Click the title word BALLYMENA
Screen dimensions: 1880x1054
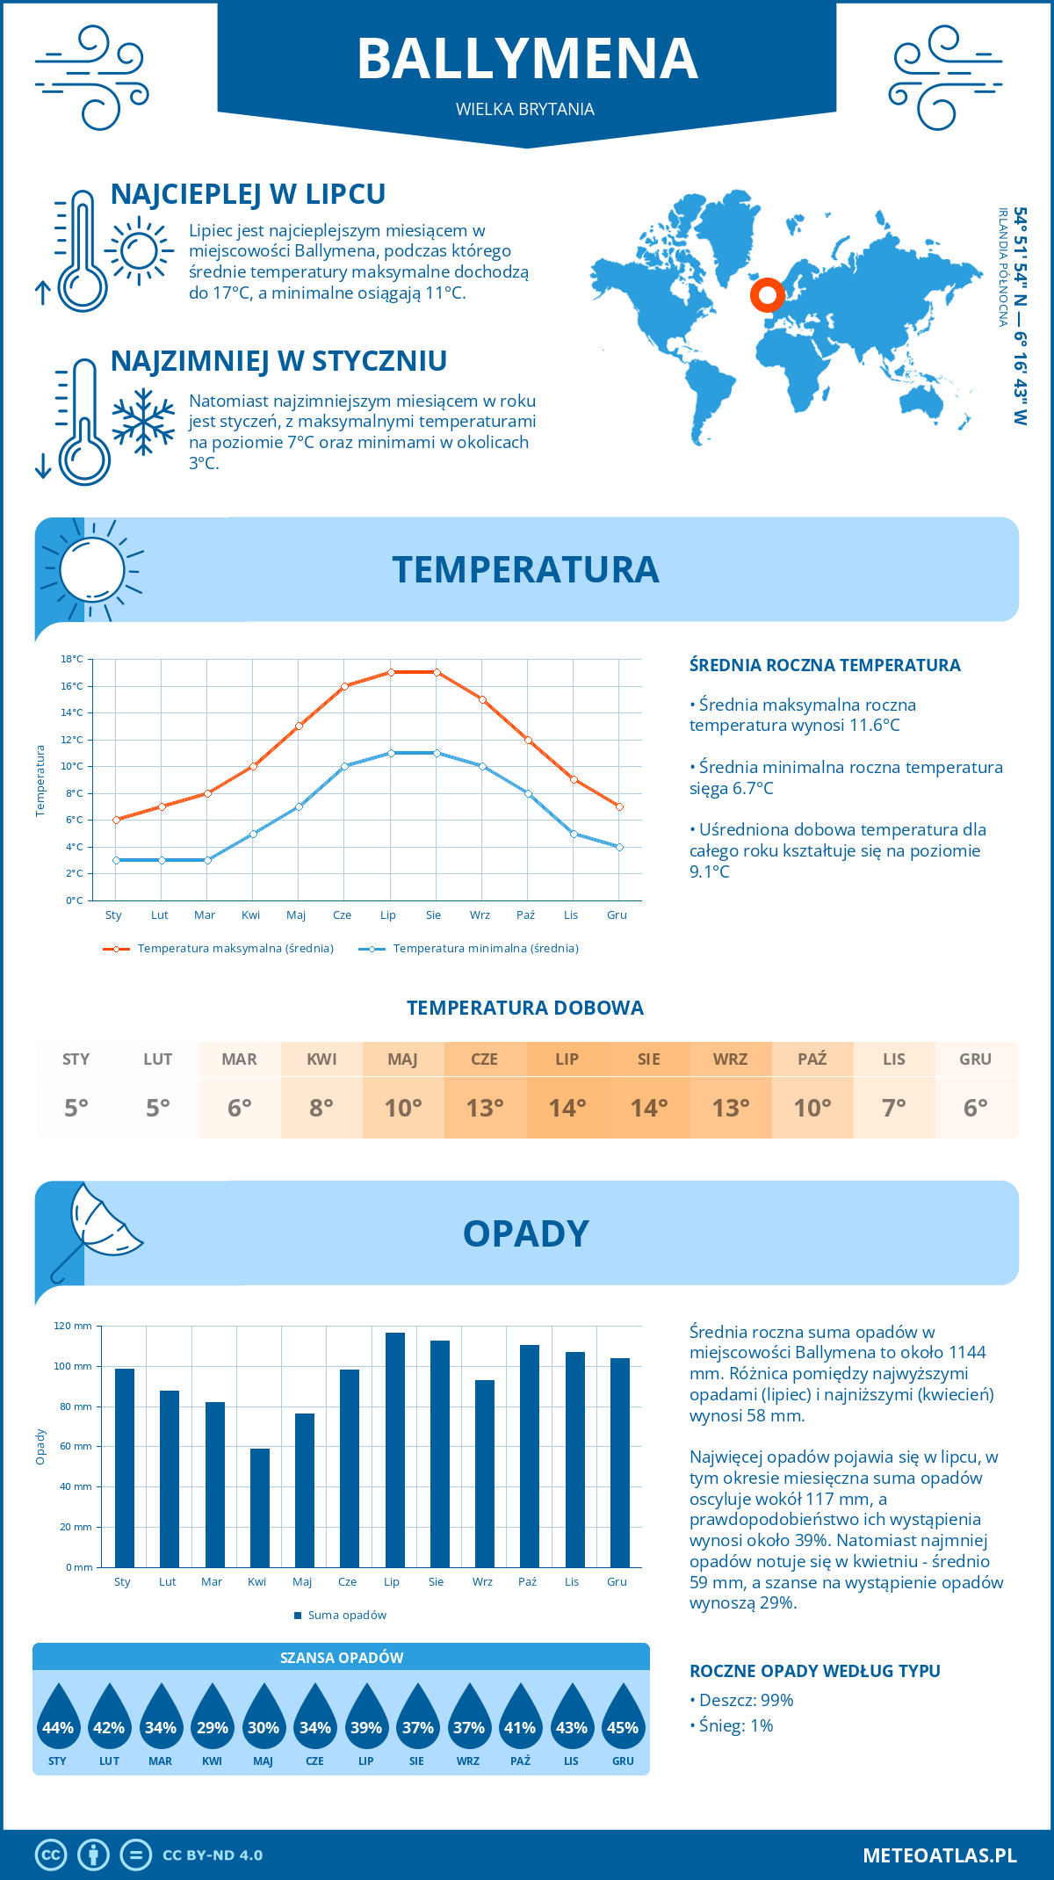coord(527,59)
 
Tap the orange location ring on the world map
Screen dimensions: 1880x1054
coord(767,295)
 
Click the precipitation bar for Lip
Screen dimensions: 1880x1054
coord(394,1450)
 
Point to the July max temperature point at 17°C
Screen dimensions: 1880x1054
coord(391,672)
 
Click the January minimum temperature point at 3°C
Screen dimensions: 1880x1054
coord(116,860)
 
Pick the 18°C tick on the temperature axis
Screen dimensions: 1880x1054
coord(72,659)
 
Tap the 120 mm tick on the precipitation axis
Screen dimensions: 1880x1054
coord(73,1326)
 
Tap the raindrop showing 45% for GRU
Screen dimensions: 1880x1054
coord(623,1722)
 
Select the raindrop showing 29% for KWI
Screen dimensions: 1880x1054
coord(212,1722)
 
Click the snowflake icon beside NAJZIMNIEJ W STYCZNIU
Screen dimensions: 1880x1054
coord(143,423)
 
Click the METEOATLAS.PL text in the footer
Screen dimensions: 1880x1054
coord(939,1855)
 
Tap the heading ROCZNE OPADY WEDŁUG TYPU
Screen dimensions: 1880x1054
coord(814,1671)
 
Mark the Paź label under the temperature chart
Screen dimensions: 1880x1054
coord(525,915)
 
